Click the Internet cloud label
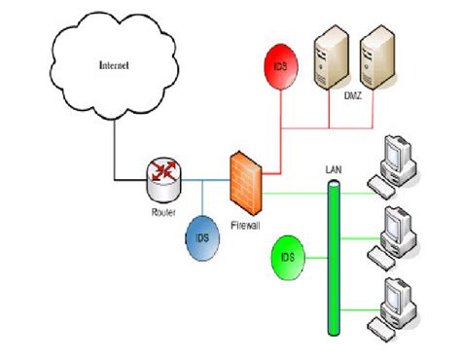tap(114, 66)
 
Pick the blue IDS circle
tap(202, 236)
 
